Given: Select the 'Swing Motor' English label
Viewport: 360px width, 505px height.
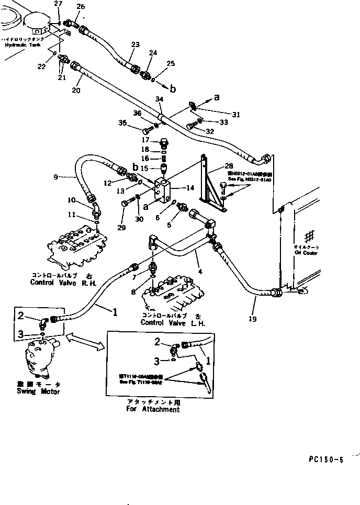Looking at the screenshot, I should tap(38, 392).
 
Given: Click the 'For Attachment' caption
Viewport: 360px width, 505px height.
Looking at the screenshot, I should tap(153, 409).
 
